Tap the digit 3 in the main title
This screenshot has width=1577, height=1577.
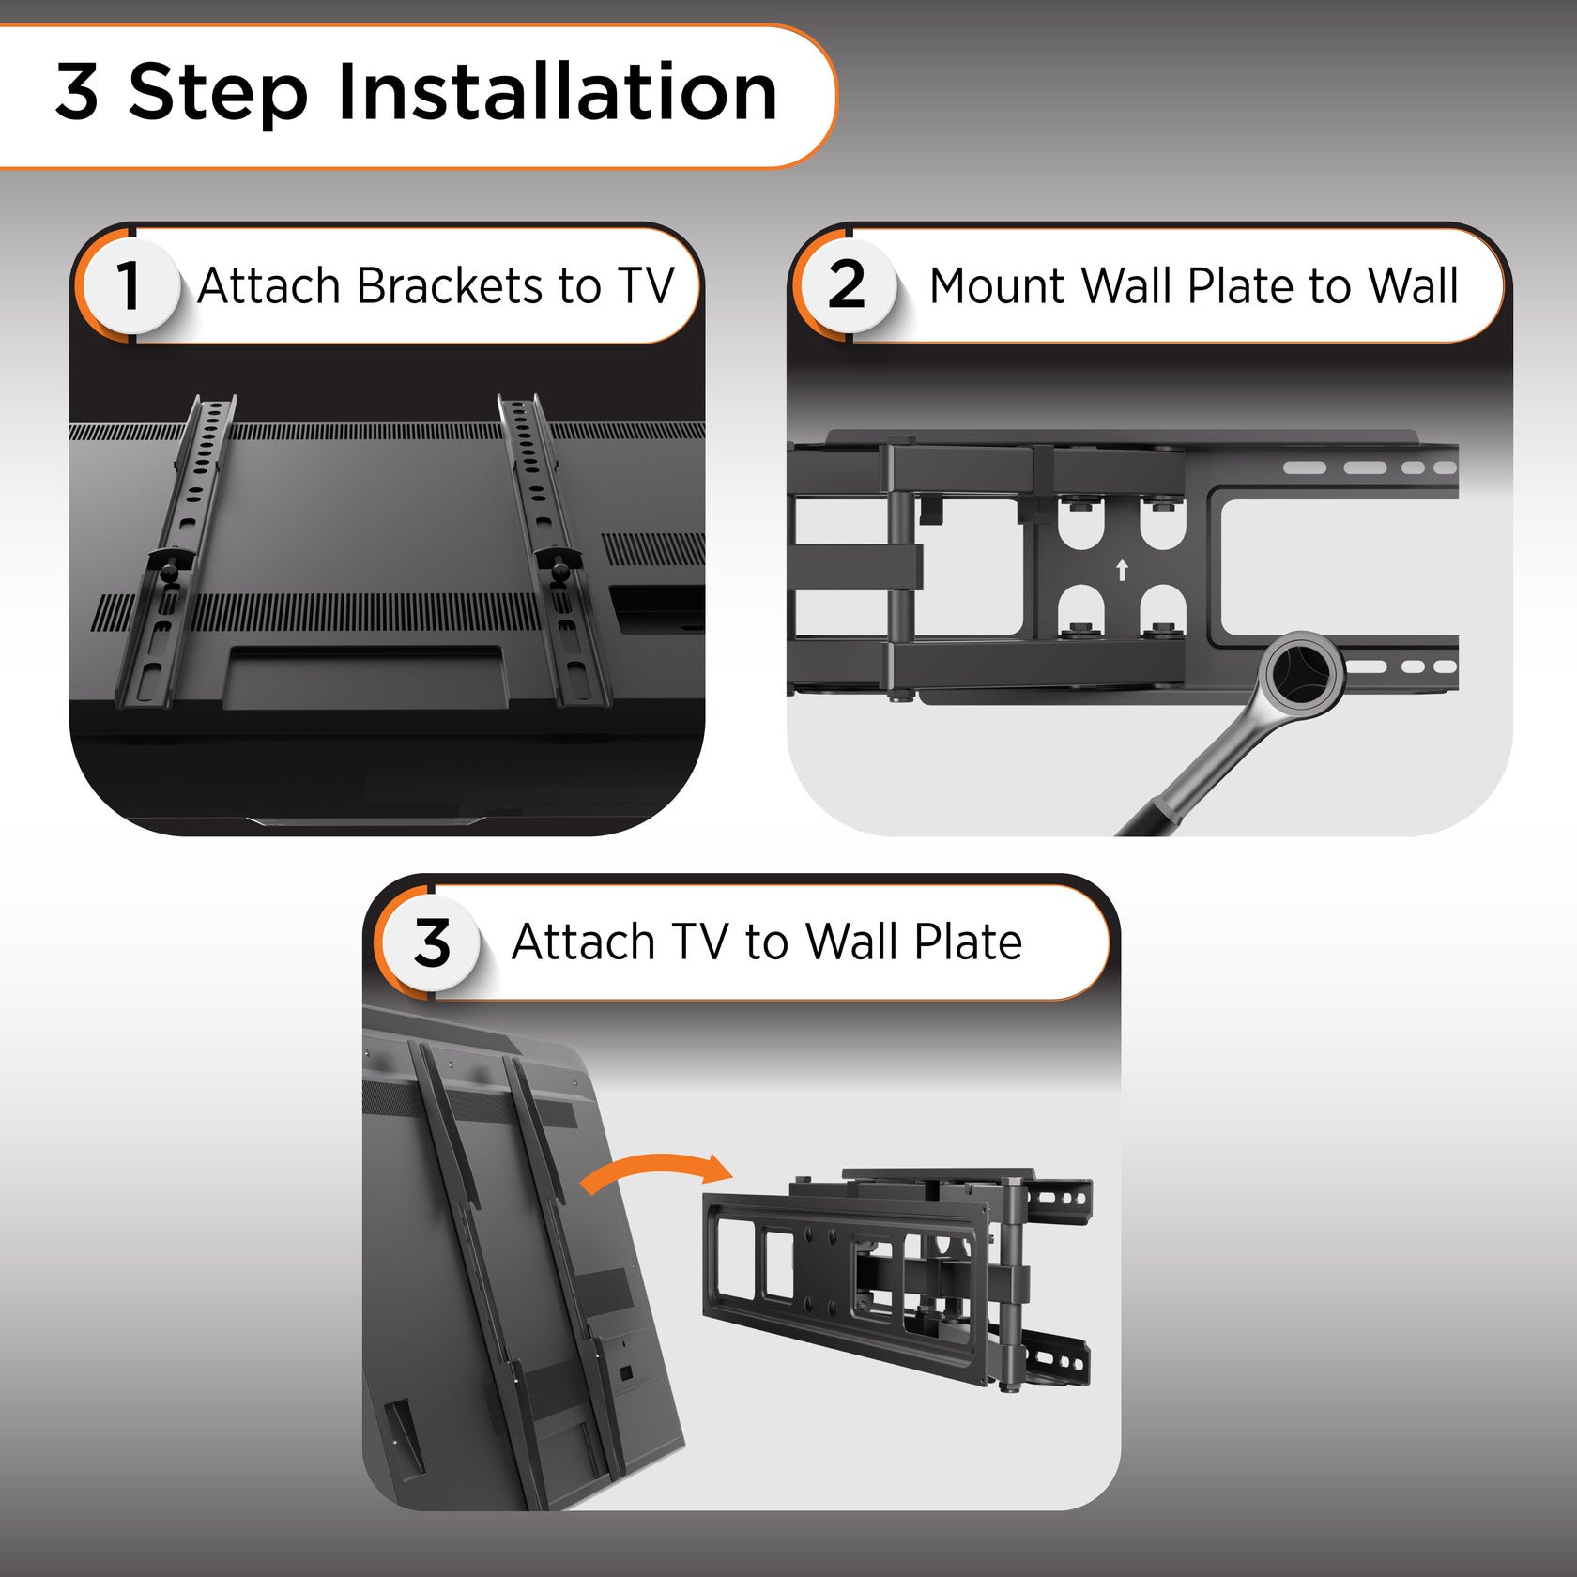tap(77, 92)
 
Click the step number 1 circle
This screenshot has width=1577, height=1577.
tap(129, 285)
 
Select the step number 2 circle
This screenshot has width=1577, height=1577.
tap(847, 285)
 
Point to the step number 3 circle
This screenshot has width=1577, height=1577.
tap(432, 942)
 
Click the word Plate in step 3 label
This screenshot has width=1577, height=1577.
tap(968, 942)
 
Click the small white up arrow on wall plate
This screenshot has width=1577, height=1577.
tap(1121, 570)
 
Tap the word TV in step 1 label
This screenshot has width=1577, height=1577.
tap(646, 285)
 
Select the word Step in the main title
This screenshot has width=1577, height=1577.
tap(218, 92)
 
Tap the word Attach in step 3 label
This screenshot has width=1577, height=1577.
tap(583, 942)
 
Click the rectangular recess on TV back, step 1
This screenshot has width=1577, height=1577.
tap(366, 676)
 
